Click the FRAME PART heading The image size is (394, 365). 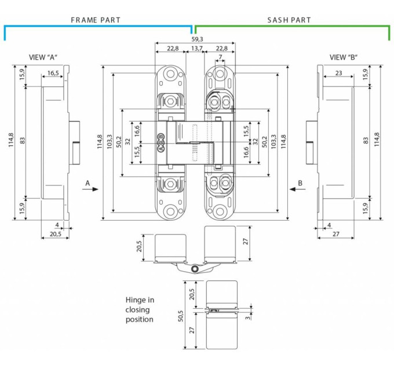pyautogui.click(x=96, y=20)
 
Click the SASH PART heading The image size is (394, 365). pyautogui.click(x=289, y=20)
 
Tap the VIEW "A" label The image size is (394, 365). pyautogui.click(x=43, y=57)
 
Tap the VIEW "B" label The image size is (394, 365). pyautogui.click(x=344, y=57)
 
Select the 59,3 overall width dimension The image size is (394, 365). pyautogui.click(x=197, y=39)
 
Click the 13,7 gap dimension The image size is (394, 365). pyautogui.click(x=197, y=48)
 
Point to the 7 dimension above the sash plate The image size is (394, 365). pyautogui.click(x=220, y=57)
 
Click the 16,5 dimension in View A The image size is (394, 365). pyautogui.click(x=53, y=73)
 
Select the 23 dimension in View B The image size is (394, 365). pyautogui.click(x=338, y=73)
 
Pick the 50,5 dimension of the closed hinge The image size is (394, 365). pyautogui.click(x=181, y=316)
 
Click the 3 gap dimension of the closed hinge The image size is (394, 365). pyautogui.click(x=248, y=317)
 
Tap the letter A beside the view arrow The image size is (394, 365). pyautogui.click(x=87, y=183)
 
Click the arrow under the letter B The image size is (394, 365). pyautogui.click(x=297, y=189)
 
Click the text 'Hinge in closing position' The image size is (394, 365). pyautogui.click(x=140, y=309)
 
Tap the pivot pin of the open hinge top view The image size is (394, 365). pyautogui.click(x=195, y=269)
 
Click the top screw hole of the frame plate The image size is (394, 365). pyautogui.click(x=170, y=74)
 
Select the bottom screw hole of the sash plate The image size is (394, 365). pyautogui.click(x=220, y=212)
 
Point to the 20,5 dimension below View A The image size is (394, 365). pyautogui.click(x=55, y=234)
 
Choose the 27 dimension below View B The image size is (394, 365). pyautogui.click(x=335, y=234)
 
